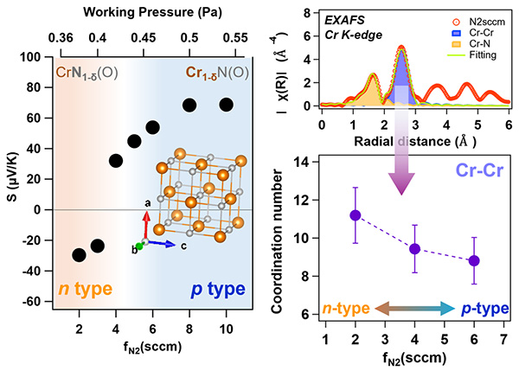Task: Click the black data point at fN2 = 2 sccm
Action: click(80, 255)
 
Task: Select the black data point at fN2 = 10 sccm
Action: click(227, 105)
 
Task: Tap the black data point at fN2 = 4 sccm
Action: click(116, 160)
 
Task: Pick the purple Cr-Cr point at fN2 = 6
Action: click(474, 260)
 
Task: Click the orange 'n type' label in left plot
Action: click(80, 289)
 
